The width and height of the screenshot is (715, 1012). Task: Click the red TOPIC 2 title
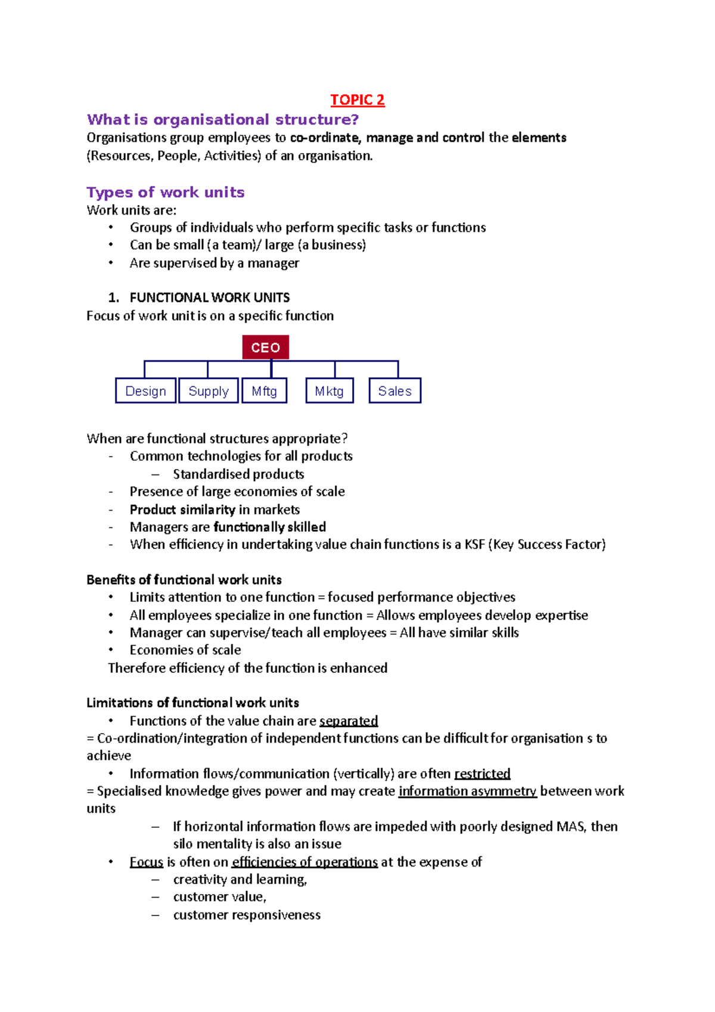coord(357,100)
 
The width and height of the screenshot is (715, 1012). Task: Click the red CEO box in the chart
coord(265,347)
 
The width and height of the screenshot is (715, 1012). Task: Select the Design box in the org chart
coord(145,391)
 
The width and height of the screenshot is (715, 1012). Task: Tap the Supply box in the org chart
coord(209,391)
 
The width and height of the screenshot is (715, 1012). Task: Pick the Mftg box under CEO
coord(264,391)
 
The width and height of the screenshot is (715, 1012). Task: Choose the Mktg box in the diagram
coord(329,391)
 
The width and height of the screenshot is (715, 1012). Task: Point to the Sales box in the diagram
coord(394,391)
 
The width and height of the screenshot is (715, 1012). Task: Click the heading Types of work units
coord(166,193)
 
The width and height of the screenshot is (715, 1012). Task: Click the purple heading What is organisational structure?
coord(223,120)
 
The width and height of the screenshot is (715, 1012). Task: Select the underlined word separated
coord(349,721)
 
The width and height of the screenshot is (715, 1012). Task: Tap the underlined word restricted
coord(482,774)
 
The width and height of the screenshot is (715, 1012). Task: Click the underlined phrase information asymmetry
coord(467,791)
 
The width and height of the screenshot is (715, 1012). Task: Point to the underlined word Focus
coord(146,862)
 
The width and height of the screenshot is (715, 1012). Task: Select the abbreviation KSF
coord(475,545)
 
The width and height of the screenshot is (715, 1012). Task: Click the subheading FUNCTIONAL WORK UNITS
coord(210,297)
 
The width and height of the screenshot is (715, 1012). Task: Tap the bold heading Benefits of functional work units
coord(184,580)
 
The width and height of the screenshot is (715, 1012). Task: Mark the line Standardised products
coord(238,474)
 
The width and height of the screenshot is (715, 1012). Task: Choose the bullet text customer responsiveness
coord(247,915)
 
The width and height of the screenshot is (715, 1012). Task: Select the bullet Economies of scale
coord(185,650)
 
